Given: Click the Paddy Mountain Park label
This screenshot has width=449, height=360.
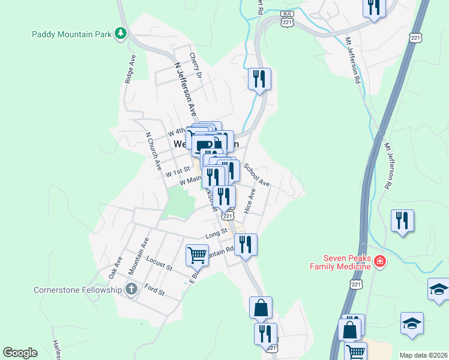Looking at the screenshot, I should point(71,34).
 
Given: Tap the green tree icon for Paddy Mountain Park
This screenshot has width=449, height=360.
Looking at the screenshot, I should point(121,34).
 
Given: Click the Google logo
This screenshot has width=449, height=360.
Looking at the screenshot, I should point(20,353).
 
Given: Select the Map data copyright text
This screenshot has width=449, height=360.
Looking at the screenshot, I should point(423,355).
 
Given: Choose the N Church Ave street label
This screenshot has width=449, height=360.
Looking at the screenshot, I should point(154,149).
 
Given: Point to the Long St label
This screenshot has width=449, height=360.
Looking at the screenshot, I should point(216,232).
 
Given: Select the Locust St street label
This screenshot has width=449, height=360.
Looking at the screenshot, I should point(159,262).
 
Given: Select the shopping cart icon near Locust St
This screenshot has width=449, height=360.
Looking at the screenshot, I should point(197,255).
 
